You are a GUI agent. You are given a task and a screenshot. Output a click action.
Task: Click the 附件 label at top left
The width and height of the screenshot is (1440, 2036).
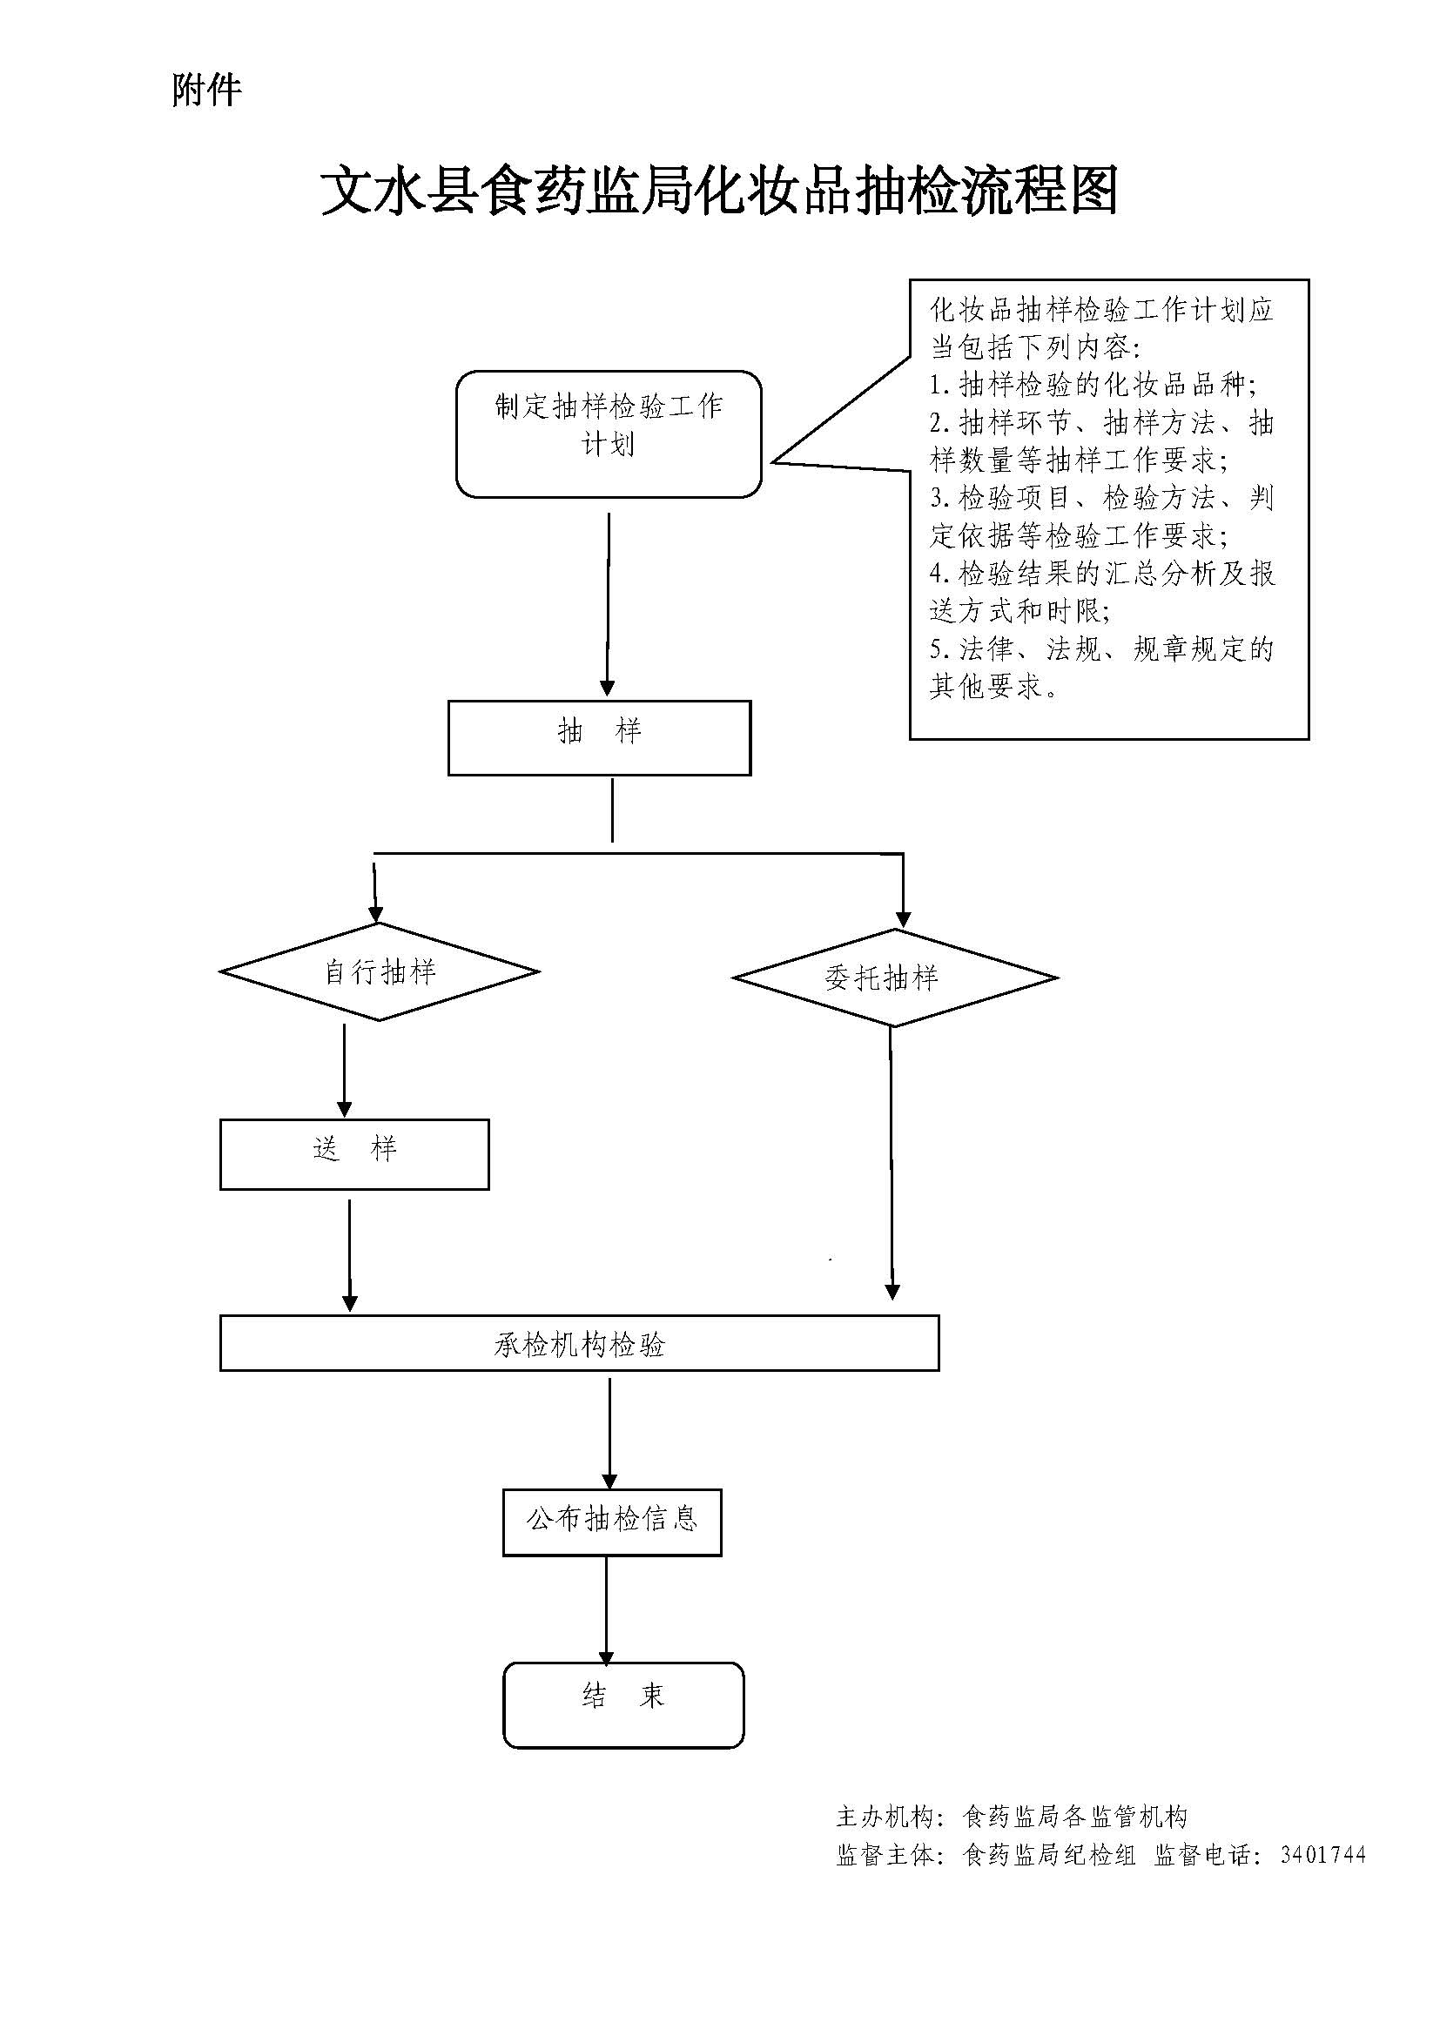205,91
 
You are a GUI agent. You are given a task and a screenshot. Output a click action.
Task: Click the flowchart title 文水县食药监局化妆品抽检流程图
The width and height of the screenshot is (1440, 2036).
718,191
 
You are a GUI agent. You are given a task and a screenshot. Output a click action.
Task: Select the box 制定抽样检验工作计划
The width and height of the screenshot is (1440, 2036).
609,433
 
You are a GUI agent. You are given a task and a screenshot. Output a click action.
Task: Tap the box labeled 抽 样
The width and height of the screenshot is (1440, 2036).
599,738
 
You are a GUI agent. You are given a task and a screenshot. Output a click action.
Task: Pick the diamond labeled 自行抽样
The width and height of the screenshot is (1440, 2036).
380,972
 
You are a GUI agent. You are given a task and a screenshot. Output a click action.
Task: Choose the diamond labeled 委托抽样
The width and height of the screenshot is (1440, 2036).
895,978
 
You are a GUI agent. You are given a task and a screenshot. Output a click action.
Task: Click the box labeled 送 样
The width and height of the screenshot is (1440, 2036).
354,1153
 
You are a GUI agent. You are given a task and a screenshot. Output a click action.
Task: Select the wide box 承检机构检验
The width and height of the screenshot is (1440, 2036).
579,1343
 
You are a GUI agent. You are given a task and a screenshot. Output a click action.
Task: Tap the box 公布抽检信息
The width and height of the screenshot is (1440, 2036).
612,1522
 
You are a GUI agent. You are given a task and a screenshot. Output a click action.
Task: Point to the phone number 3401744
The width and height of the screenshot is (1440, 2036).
1322,1855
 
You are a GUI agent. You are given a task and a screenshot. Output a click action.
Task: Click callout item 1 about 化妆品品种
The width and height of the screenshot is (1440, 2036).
1093,385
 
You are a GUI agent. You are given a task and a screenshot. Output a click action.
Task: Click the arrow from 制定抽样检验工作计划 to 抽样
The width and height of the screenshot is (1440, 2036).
609,603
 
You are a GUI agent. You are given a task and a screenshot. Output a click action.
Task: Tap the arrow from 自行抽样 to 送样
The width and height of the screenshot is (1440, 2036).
344,1069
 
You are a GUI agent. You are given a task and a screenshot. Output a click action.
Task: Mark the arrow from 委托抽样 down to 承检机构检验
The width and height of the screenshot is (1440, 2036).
892,1162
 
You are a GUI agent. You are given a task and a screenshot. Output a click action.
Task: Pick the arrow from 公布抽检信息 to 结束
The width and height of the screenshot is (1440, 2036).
607,1609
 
